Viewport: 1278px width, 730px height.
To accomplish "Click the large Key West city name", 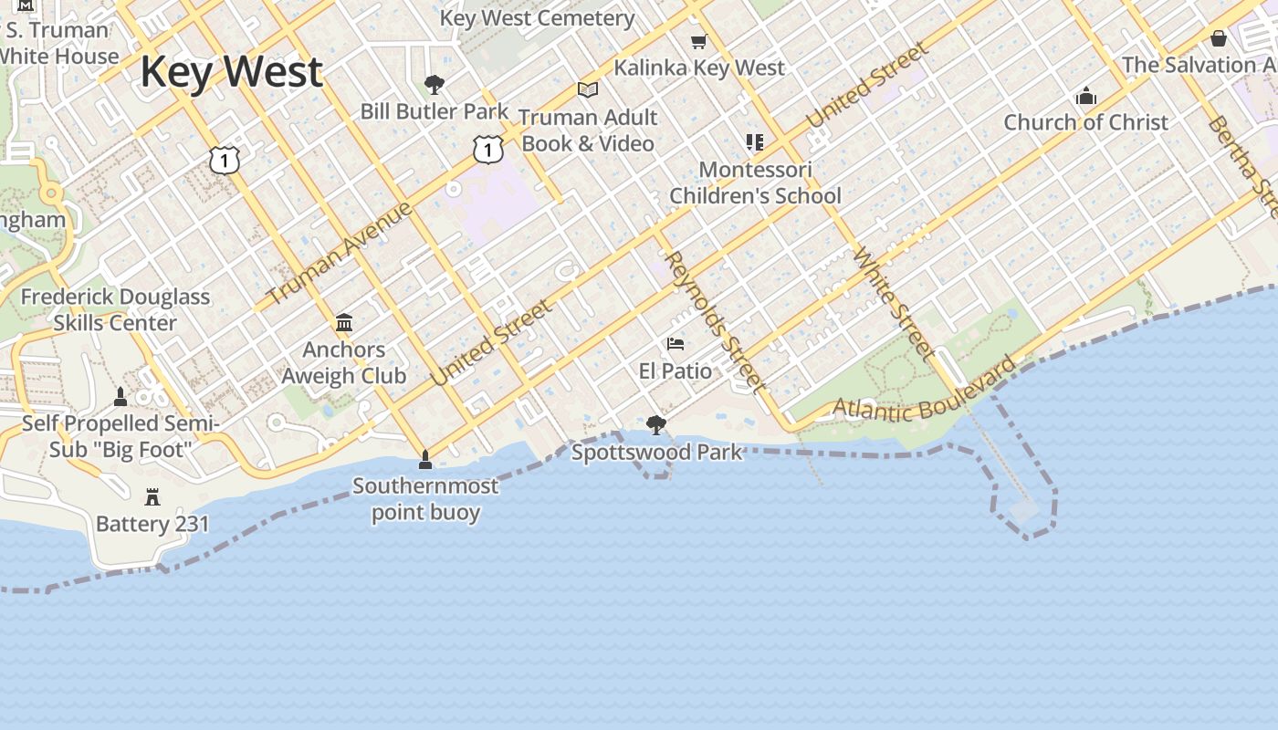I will (231, 72).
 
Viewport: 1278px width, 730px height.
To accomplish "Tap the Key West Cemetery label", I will (537, 18).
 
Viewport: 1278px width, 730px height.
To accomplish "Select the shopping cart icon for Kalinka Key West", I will (698, 41).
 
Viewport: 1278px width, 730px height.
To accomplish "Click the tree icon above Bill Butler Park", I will (435, 85).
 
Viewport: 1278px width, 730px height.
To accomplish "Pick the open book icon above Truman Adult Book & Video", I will (588, 89).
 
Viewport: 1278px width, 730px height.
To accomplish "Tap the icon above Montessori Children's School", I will (754, 142).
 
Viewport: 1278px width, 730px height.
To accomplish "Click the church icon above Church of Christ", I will (1085, 96).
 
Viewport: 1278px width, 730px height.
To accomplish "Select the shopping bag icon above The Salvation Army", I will (1218, 38).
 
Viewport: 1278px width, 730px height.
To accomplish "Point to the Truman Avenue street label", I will (340, 254).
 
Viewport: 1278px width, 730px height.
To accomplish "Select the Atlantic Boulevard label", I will (924, 394).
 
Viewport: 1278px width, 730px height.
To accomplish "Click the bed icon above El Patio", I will (676, 344).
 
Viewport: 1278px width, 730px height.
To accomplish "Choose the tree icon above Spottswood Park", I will (655, 424).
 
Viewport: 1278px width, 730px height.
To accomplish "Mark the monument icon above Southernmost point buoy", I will (424, 458).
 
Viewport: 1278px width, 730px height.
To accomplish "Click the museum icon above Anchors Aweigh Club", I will (344, 322).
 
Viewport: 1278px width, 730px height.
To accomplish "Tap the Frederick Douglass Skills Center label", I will (115, 309).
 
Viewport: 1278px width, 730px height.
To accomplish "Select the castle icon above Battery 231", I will (152, 497).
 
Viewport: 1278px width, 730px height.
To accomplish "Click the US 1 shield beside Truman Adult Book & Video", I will (488, 149).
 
